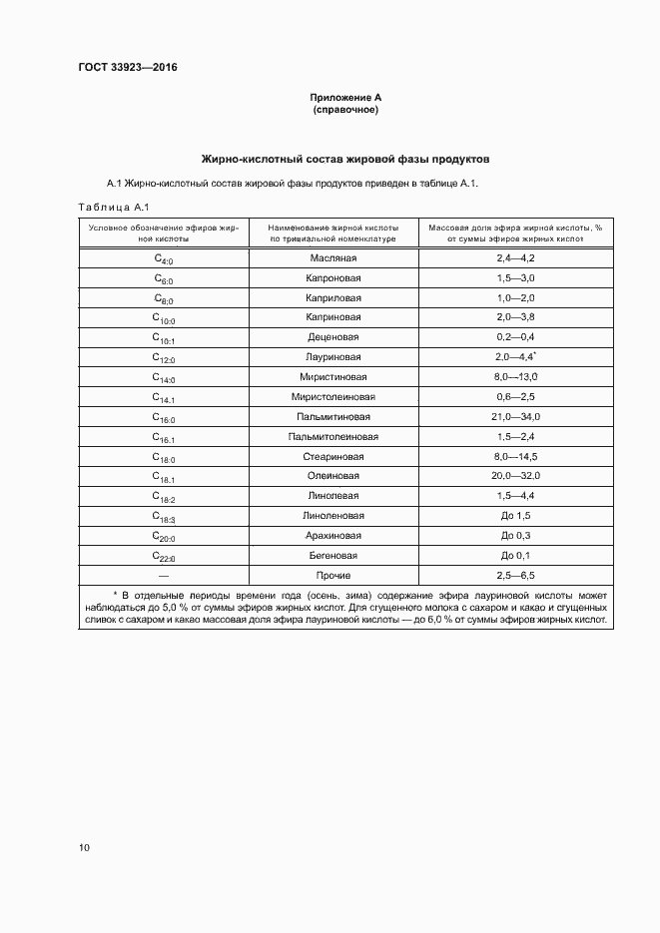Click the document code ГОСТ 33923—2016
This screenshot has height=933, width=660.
click(121, 68)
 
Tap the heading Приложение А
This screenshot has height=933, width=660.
click(345, 98)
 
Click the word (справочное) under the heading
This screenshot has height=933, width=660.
click(345, 110)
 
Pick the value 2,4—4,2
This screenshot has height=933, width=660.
click(515, 258)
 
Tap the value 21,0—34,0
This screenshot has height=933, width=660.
click(515, 416)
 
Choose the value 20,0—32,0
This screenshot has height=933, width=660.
click(515, 476)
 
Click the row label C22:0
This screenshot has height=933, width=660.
click(164, 556)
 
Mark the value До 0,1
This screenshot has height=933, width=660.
click(515, 555)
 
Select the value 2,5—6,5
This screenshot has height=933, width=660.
click(515, 575)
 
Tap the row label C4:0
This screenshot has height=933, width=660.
click(164, 259)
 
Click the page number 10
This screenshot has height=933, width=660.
click(84, 848)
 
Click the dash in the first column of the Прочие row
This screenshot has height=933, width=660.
click(164, 575)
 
